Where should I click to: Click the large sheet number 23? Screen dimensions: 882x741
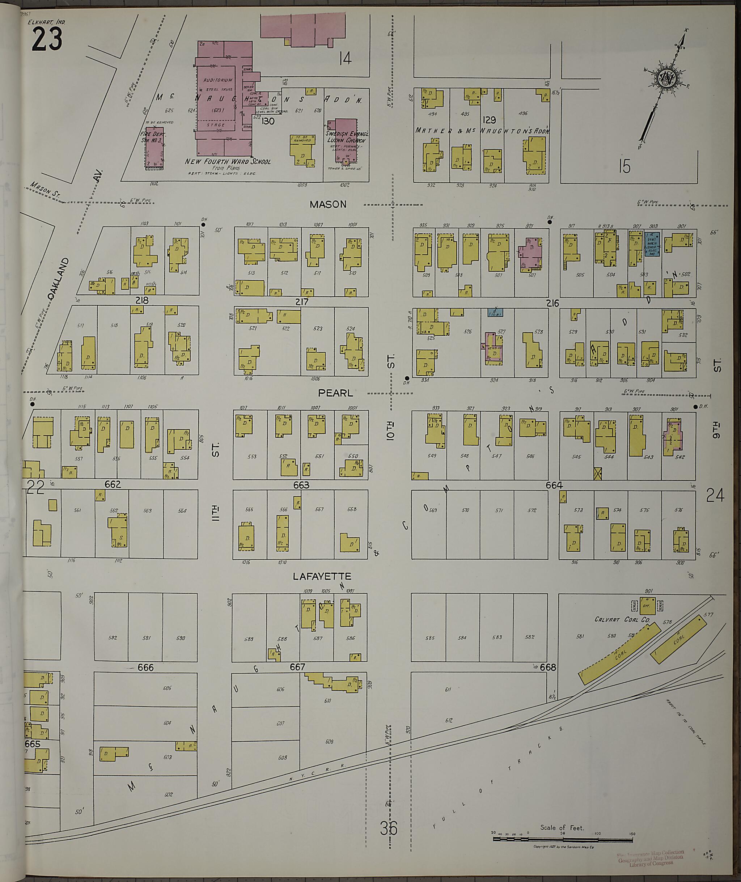[47, 40]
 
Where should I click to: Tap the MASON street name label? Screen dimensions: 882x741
[328, 204]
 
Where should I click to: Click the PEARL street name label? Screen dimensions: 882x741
[335, 393]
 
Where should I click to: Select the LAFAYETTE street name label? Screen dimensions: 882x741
[322, 576]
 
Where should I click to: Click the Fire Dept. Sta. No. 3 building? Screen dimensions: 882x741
[154, 148]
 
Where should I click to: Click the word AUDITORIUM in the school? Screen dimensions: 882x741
[217, 80]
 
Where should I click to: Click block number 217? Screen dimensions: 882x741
[302, 302]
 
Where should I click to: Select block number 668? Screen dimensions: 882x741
[548, 667]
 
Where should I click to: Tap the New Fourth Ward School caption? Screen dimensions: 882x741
[228, 162]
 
